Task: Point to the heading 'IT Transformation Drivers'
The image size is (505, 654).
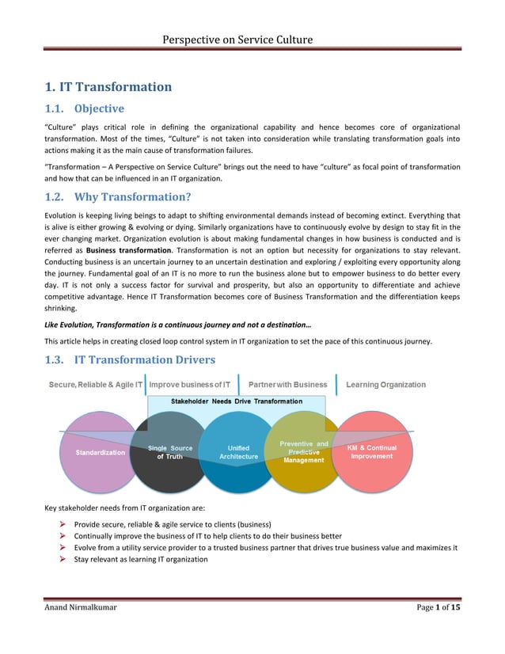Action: point(145,359)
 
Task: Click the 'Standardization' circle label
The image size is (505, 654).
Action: point(101,452)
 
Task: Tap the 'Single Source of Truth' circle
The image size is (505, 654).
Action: point(170,453)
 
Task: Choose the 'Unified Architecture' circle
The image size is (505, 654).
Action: point(239,452)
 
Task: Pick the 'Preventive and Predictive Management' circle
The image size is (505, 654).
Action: point(304,452)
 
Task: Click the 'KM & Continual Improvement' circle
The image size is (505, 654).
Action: point(372,452)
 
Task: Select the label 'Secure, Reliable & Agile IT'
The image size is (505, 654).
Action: point(96,385)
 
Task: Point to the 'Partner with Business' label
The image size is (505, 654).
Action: point(288,385)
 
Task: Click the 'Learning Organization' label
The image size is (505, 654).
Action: point(385,385)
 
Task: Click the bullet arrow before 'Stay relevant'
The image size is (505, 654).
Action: point(63,559)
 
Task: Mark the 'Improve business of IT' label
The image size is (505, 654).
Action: point(190,385)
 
